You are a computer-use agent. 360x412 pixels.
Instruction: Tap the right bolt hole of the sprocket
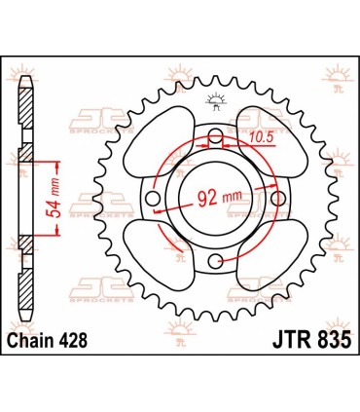[280, 200]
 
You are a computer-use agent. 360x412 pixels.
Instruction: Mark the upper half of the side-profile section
[25, 117]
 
